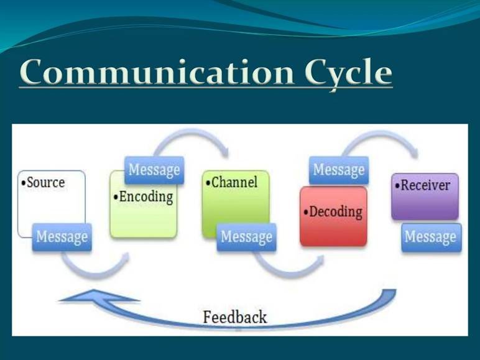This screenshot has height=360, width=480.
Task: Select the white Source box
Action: (52, 203)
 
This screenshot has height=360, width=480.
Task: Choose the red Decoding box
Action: (333, 216)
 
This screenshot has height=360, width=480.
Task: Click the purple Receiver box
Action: (425, 196)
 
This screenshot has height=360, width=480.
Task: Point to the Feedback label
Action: (235, 317)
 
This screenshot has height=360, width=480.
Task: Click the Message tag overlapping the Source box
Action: (62, 238)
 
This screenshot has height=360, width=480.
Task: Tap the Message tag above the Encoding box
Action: (154, 170)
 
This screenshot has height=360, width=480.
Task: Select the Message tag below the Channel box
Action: (246, 238)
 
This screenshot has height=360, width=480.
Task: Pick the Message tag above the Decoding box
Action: (339, 170)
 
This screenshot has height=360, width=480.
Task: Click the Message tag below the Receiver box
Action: (432, 238)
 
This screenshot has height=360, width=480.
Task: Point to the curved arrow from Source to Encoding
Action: (95, 274)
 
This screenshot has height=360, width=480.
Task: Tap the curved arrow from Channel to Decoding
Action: (288, 272)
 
